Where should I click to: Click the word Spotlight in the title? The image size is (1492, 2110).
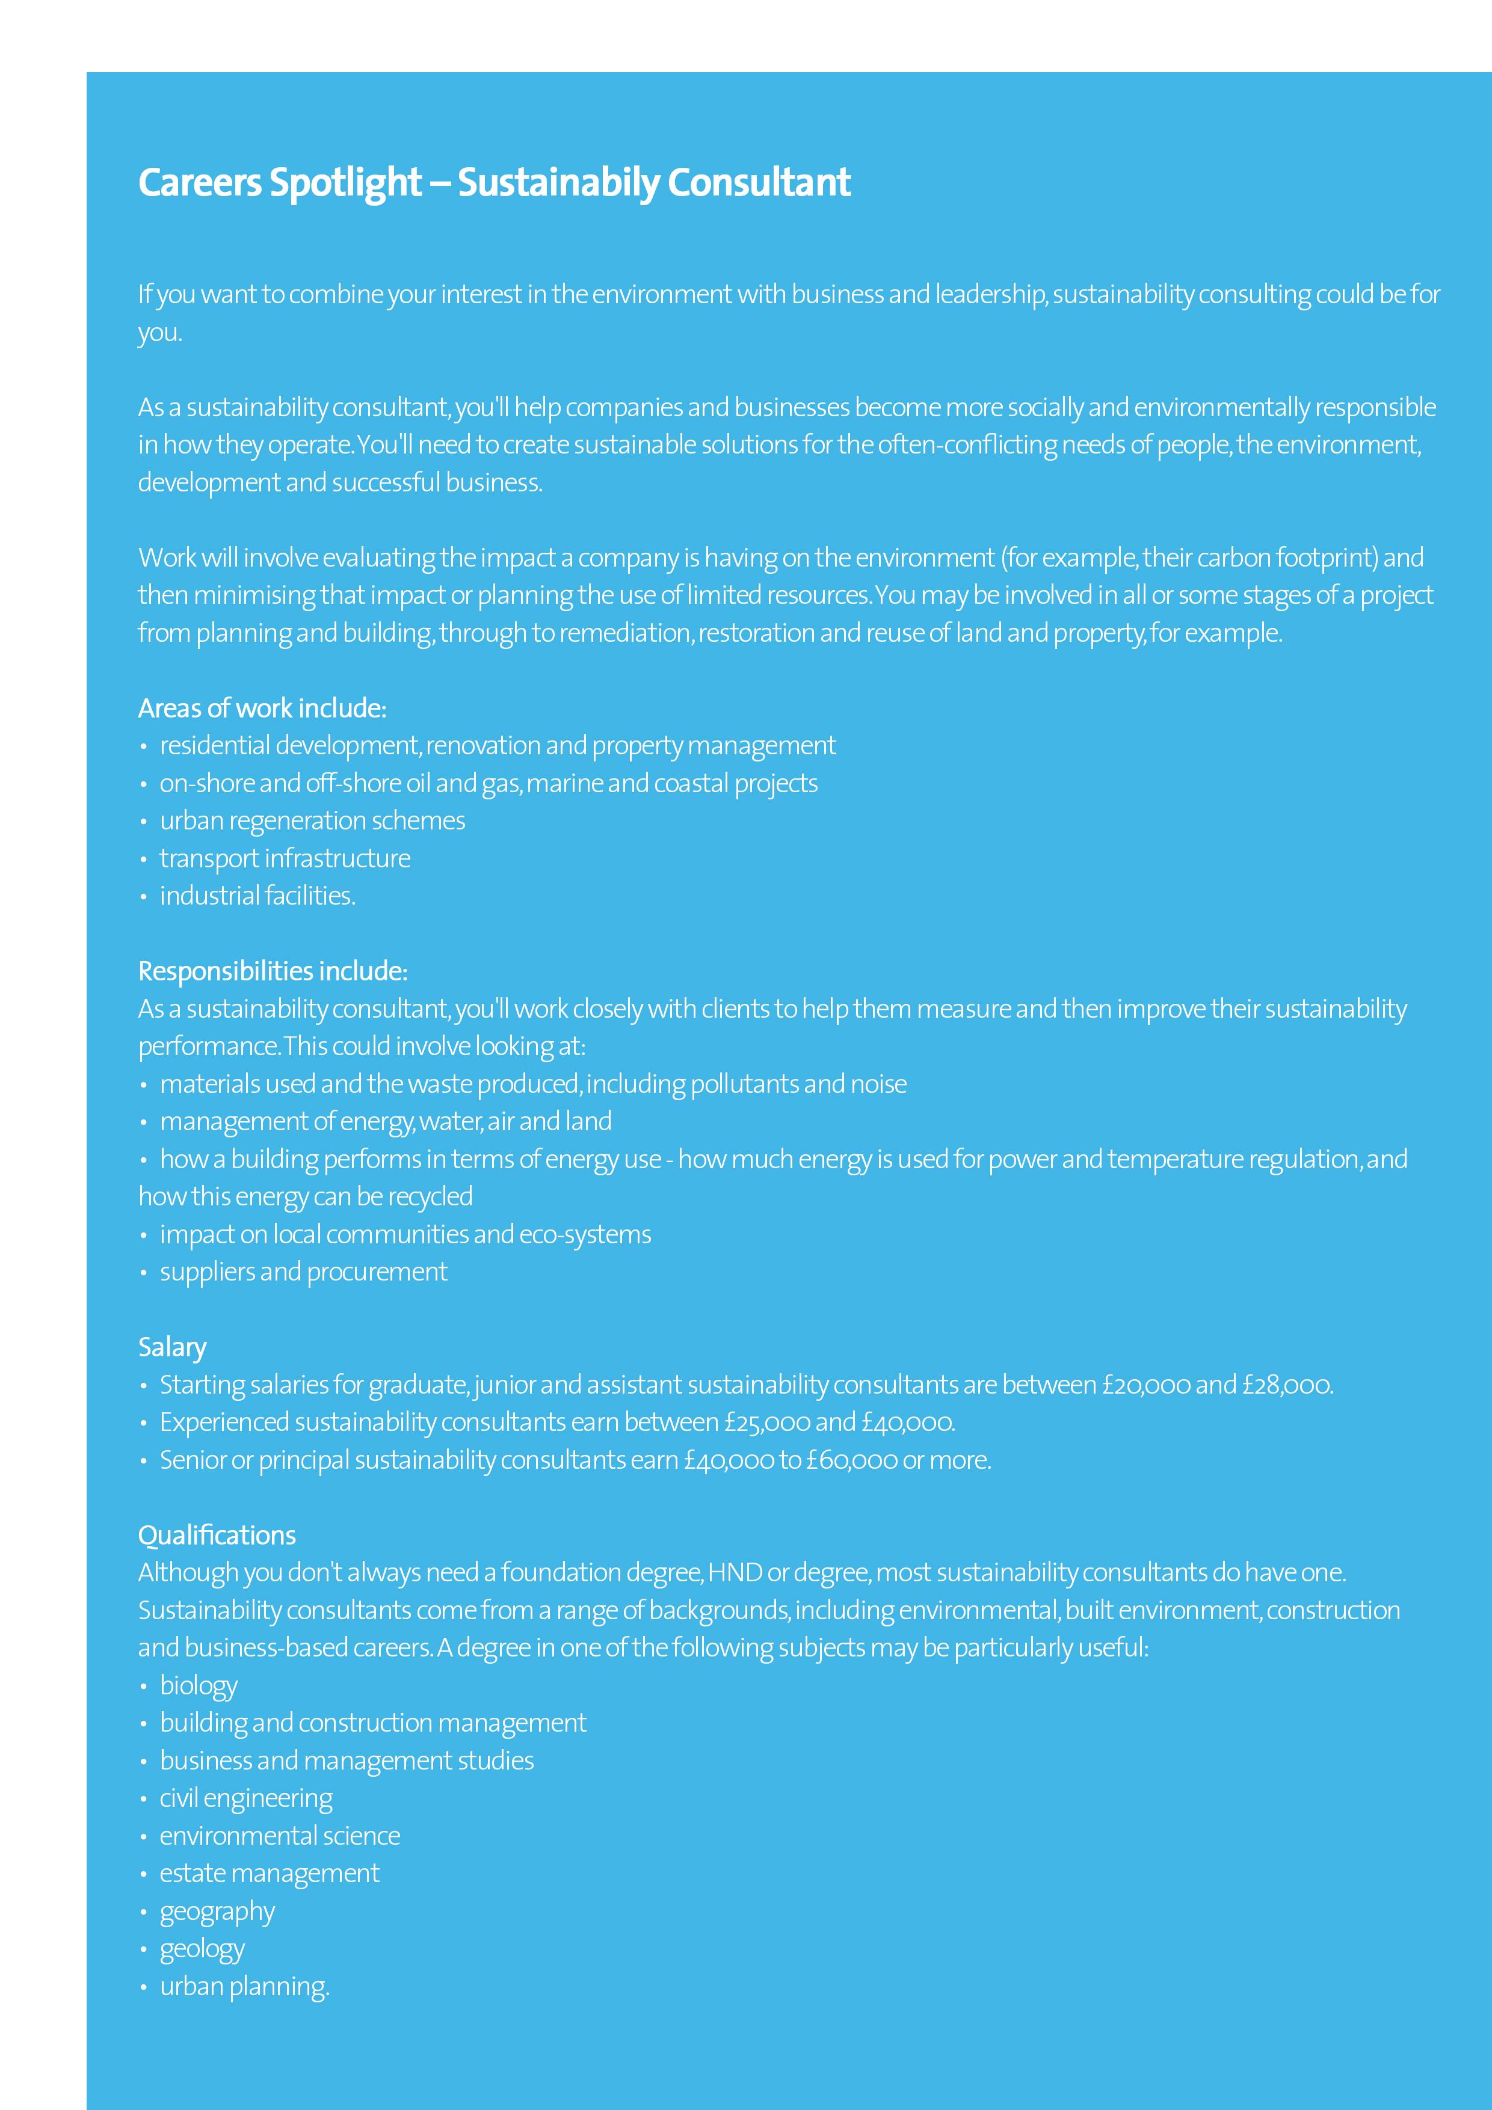pos(345,183)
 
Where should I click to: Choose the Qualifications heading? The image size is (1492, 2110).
pos(217,1535)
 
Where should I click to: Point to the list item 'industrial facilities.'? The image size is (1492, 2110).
pos(257,896)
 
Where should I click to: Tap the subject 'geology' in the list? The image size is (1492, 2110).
pos(202,1949)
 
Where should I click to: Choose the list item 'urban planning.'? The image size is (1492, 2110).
pos(244,1987)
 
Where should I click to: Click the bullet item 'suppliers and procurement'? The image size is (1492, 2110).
pos(303,1272)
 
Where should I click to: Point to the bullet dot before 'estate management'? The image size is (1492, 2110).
pos(143,1875)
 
